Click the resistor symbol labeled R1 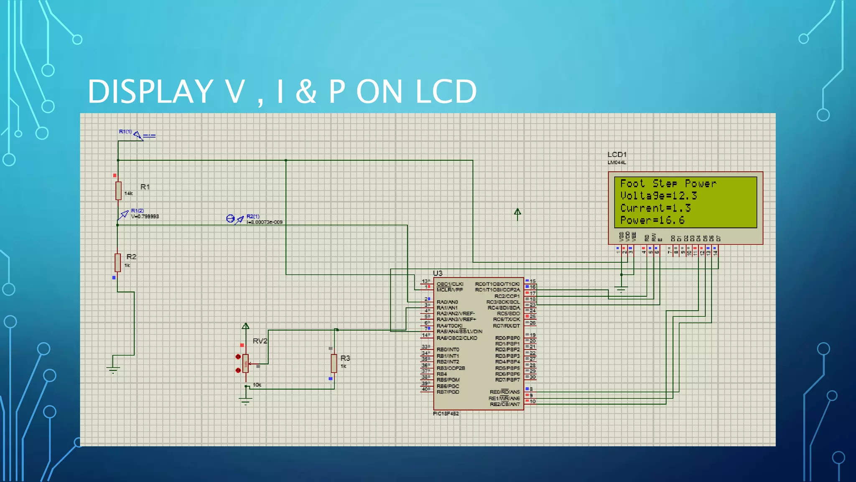click(118, 190)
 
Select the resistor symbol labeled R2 click(118, 262)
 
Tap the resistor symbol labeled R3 click(334, 363)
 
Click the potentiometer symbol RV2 click(246, 363)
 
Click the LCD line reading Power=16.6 click(652, 220)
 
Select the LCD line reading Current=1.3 click(655, 208)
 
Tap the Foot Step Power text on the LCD click(668, 183)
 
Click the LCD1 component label click(617, 154)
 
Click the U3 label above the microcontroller click(438, 273)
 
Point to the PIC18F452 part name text click(446, 413)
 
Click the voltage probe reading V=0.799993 click(145, 216)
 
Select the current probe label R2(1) click(253, 216)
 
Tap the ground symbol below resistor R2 click(113, 369)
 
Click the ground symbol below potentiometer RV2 click(245, 401)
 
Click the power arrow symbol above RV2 click(245, 326)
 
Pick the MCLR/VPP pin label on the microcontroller click(449, 290)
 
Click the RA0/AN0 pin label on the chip click(447, 302)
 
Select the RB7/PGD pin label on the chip click(448, 392)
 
